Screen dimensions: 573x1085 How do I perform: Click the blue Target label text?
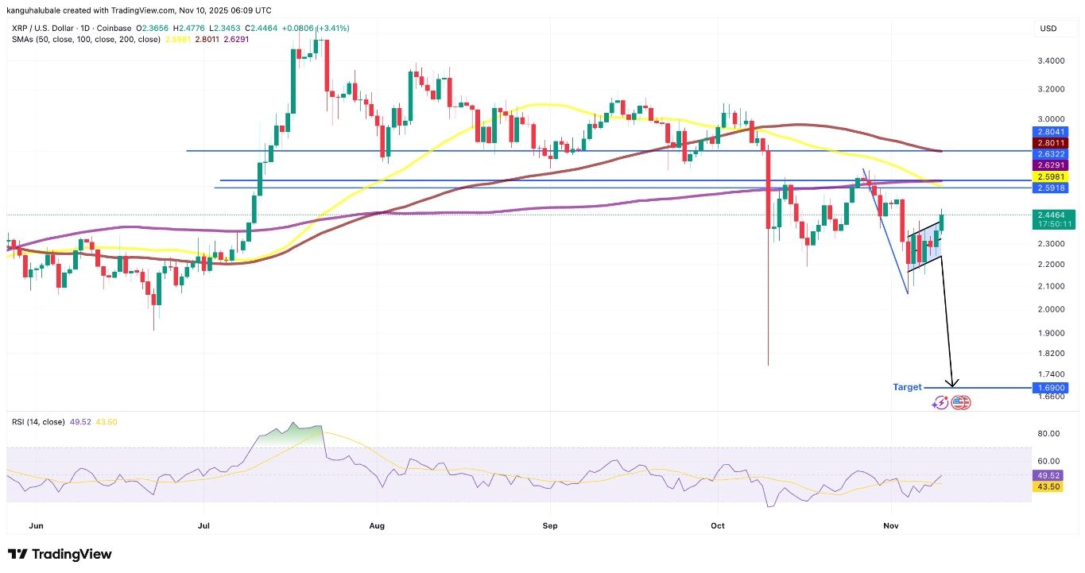[907, 387]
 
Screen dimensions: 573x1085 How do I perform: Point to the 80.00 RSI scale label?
[1049, 434]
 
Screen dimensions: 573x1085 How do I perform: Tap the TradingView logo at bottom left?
[60, 554]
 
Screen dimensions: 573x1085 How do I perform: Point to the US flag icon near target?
[961, 402]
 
